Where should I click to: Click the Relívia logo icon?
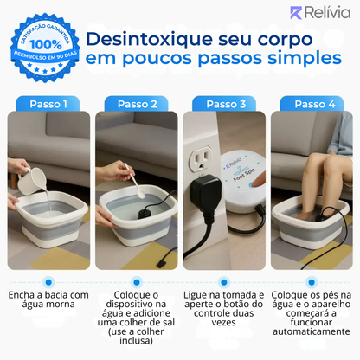[x=298, y=13]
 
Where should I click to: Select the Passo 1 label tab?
[x=48, y=104]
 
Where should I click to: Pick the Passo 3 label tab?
[x=223, y=104]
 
